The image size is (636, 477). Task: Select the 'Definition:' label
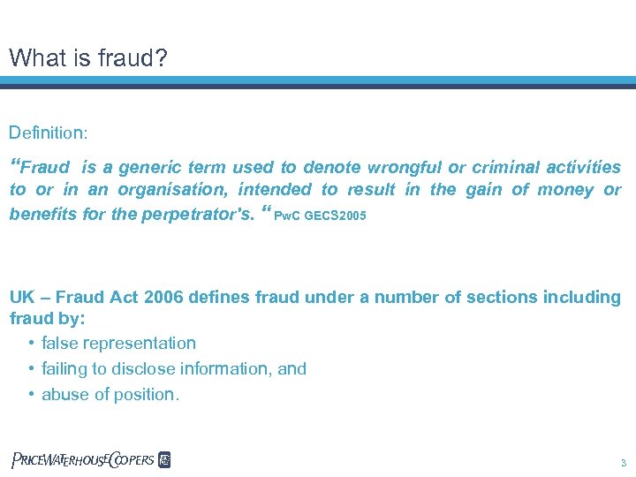click(48, 133)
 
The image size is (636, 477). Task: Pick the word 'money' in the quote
click(565, 189)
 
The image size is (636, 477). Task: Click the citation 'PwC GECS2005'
click(321, 216)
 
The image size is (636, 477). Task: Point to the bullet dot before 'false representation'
click(31, 344)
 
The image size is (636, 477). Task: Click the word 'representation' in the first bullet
click(143, 343)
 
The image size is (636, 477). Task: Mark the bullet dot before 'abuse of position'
click(31, 395)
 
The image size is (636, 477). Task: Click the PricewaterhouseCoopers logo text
click(82, 459)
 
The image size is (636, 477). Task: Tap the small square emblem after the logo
click(163, 459)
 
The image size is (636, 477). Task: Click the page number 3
click(623, 463)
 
